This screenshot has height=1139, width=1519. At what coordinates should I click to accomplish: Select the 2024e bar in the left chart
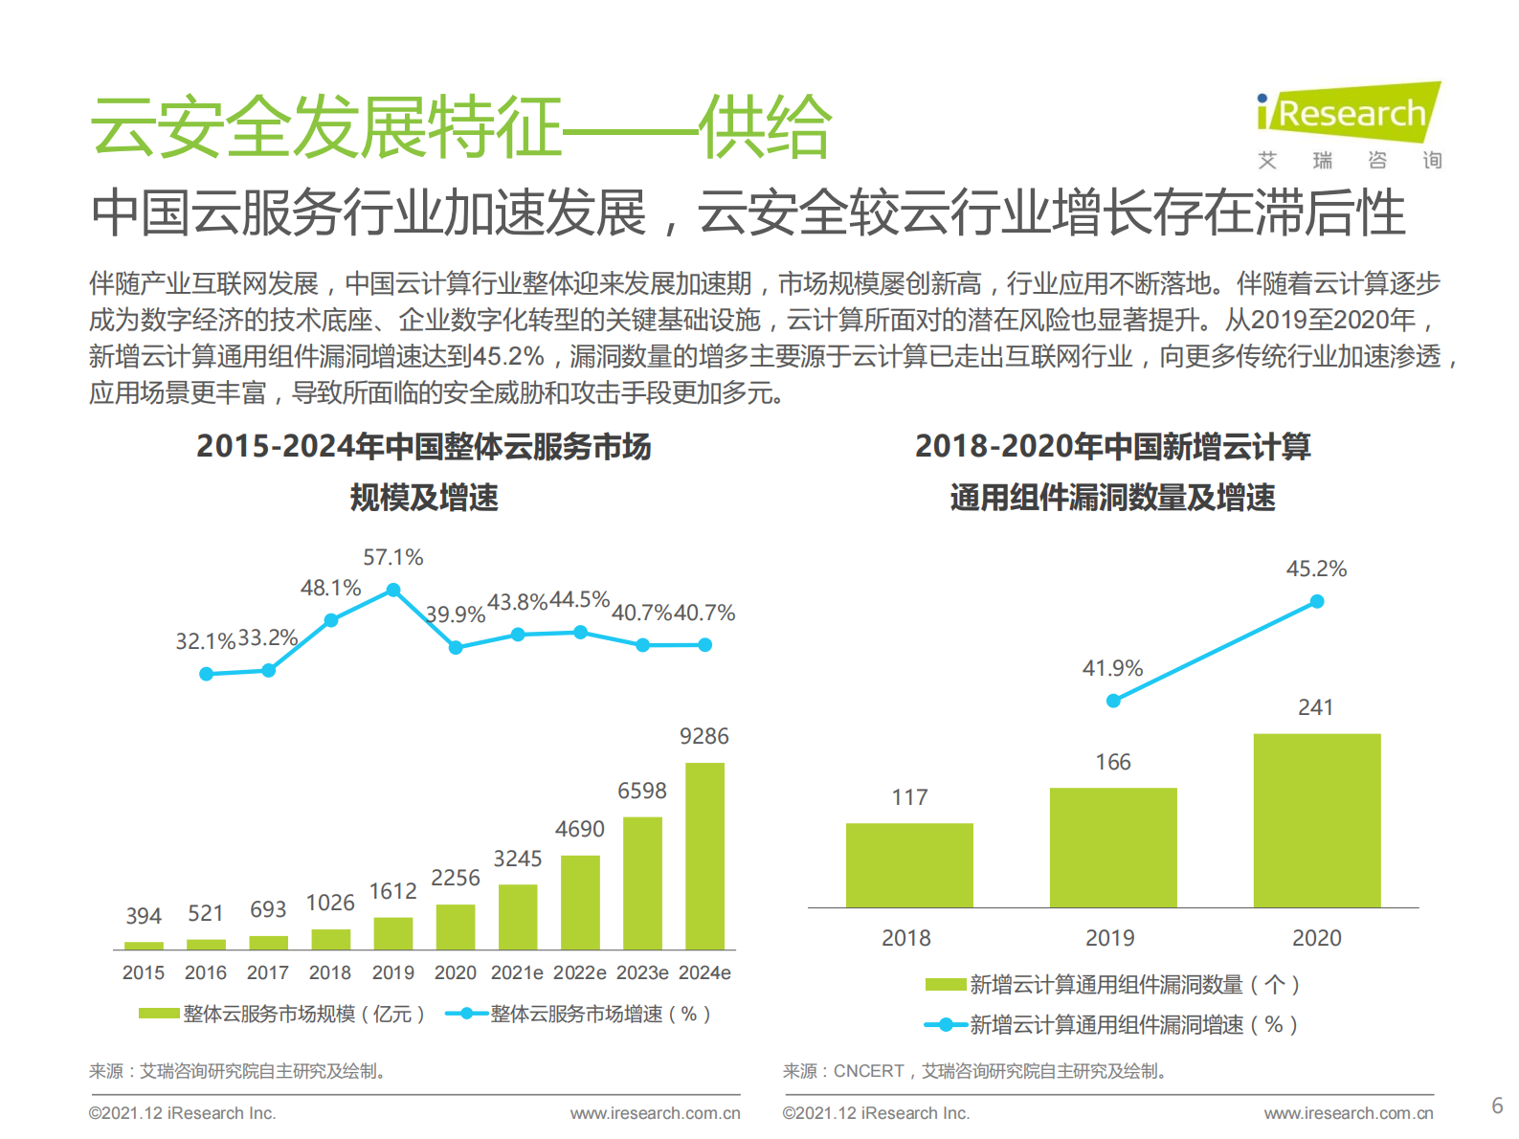point(704,856)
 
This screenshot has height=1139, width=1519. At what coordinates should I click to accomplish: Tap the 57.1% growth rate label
point(392,557)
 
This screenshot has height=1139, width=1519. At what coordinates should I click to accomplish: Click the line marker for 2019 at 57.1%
point(392,591)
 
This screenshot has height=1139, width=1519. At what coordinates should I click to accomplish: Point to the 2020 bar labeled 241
point(1316,820)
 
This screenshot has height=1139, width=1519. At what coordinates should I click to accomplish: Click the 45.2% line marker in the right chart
point(1316,601)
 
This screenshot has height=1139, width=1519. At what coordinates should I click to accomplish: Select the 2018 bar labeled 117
point(909,864)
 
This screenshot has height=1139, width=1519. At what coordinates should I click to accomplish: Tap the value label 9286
point(704,736)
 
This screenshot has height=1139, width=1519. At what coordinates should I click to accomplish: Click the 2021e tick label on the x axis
point(517,972)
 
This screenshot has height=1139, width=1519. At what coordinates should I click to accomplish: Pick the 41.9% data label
point(1112,668)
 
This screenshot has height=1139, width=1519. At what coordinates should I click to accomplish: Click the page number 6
point(1497,1105)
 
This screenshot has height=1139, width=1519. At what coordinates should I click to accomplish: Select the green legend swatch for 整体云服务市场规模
point(158,1014)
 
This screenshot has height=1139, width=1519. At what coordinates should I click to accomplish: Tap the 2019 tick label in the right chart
point(1110,938)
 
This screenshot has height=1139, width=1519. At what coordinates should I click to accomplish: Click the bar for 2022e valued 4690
point(580,902)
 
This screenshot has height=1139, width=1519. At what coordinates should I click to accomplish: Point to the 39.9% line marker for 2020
point(456,647)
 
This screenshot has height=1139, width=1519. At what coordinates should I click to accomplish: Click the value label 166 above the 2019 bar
point(1112,762)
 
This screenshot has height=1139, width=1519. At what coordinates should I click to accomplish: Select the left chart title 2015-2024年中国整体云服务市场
point(423,447)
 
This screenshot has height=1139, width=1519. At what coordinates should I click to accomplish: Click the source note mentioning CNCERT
point(975,1071)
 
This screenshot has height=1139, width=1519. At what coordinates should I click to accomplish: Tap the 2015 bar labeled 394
point(144,945)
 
